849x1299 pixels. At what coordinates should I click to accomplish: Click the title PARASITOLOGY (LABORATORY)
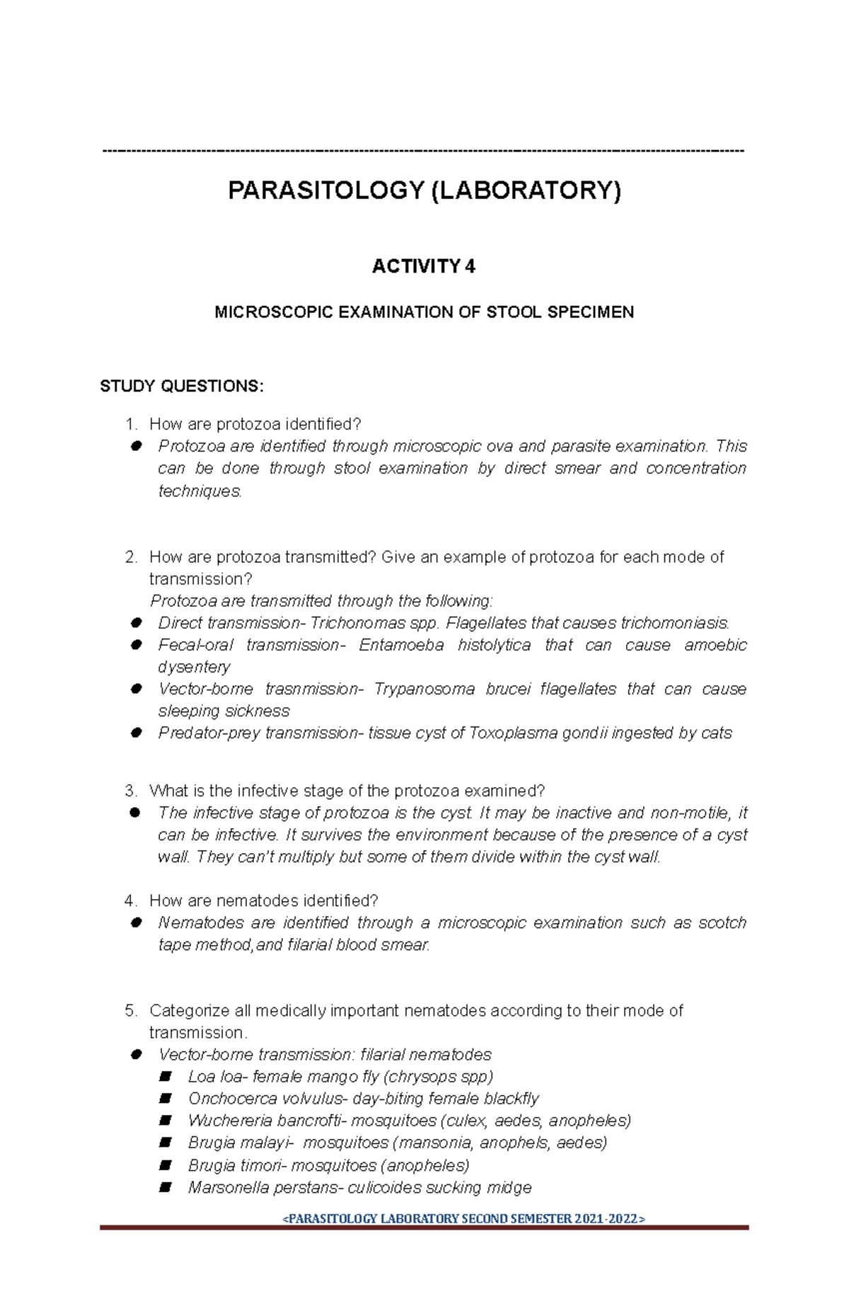pos(424,190)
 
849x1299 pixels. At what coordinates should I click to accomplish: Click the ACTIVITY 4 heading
pos(424,266)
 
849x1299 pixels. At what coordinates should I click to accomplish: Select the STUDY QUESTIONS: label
pos(181,387)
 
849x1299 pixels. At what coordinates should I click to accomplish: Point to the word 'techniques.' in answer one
pos(200,491)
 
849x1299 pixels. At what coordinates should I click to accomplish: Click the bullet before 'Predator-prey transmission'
pos(136,733)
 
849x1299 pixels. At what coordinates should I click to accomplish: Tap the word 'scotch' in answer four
pos(722,922)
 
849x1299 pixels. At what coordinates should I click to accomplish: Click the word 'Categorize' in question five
pos(189,1010)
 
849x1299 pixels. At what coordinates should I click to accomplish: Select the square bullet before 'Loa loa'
pos(166,1076)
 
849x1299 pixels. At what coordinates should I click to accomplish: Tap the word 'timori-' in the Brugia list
pos(262,1164)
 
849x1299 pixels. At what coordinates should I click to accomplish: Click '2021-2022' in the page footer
pos(606,1218)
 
